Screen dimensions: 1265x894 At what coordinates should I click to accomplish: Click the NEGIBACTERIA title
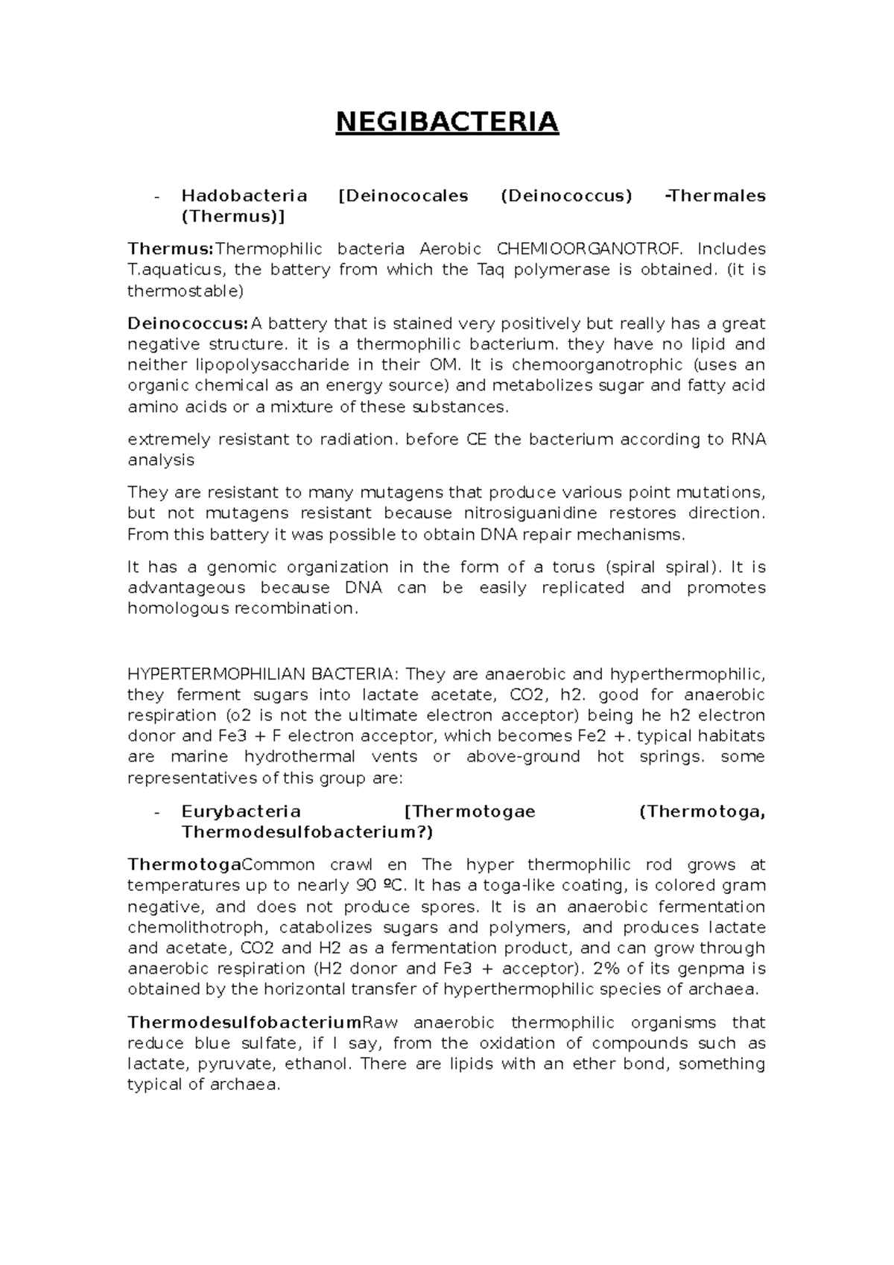[446, 121]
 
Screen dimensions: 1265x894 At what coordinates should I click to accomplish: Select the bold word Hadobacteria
[244, 196]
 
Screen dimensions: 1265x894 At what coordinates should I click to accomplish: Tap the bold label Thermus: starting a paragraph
[171, 249]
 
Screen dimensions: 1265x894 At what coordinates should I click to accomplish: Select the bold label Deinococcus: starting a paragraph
[187, 323]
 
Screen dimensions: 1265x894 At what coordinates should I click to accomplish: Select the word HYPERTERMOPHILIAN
[217, 674]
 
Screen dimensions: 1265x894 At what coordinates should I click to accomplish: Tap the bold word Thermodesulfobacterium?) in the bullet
[307, 832]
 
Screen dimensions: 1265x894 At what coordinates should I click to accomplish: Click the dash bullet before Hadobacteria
[155, 197]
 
